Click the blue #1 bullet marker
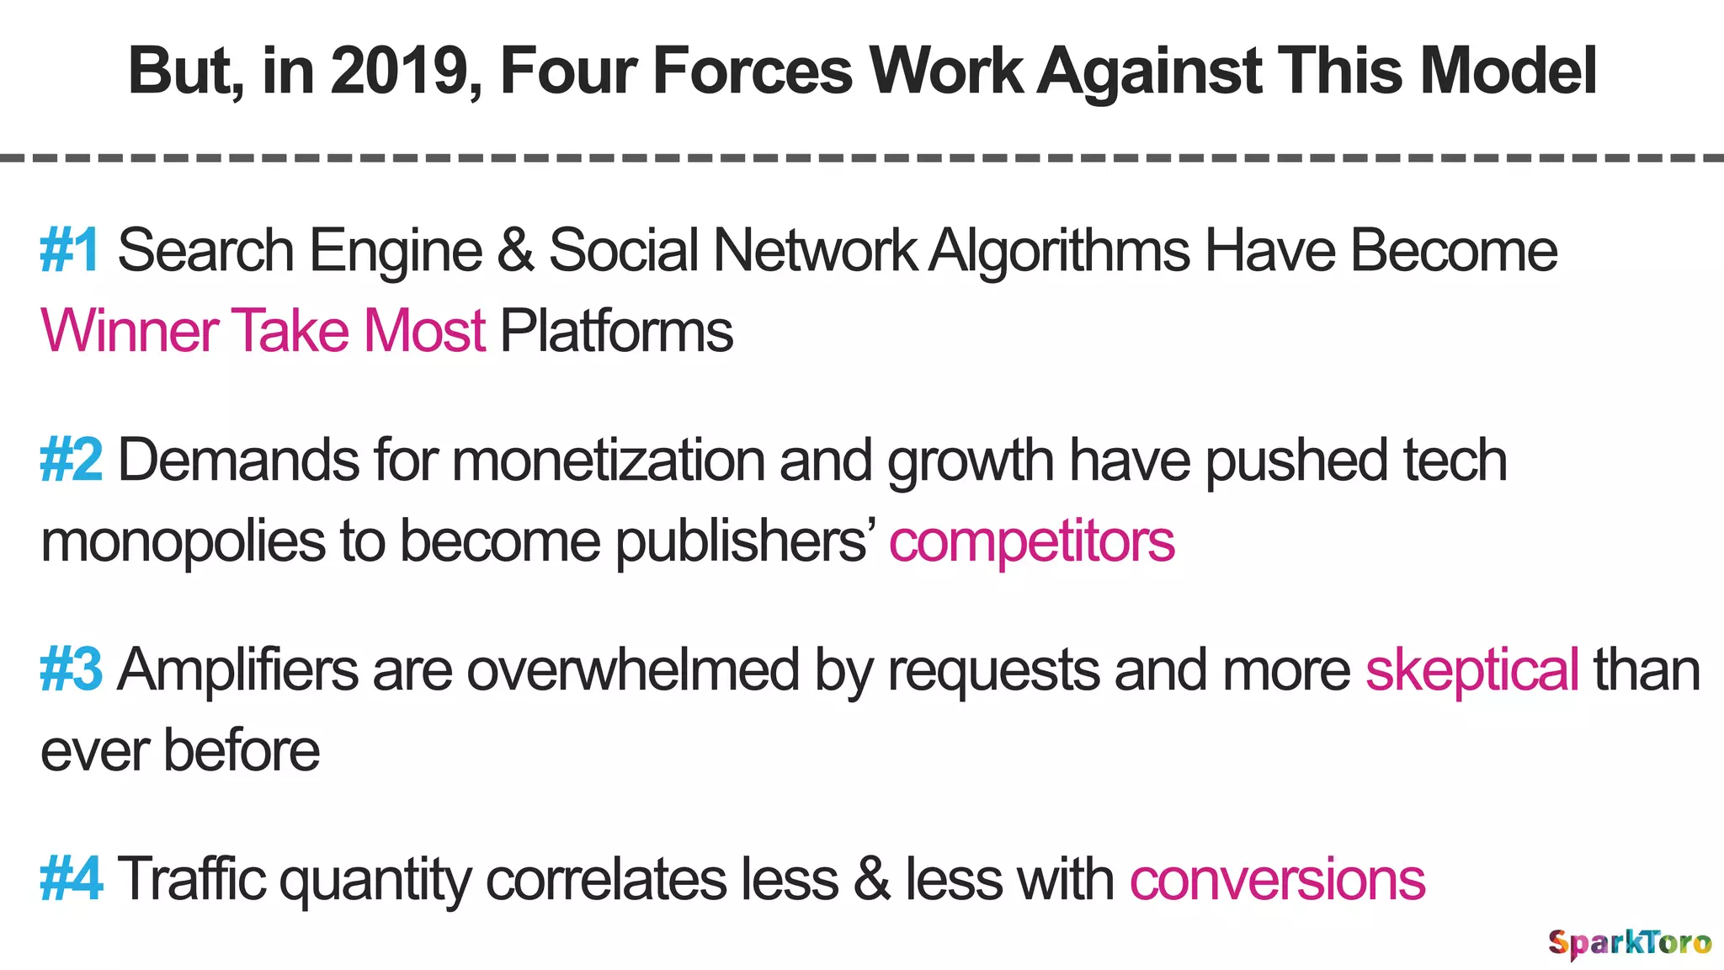pos(70,251)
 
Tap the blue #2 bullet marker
pos(72,461)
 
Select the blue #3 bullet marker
pos(72,670)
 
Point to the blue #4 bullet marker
pos(72,879)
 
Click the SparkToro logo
pos(1630,942)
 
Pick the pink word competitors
pos(1031,541)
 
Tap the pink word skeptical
pos(1471,670)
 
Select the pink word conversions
pos(1277,879)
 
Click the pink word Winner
pos(130,331)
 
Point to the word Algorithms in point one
pos(1060,251)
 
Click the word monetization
pos(608,461)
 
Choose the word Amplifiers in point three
pos(238,670)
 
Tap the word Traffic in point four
pos(191,879)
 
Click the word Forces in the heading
pos(753,71)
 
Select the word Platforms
pos(616,331)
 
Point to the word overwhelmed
pos(633,670)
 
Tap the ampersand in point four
pos(871,879)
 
